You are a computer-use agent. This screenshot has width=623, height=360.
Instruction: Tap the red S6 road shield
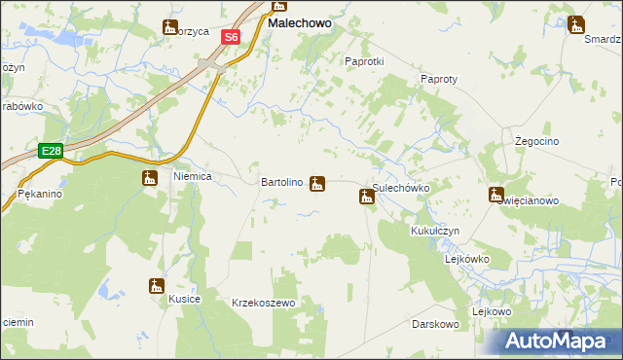click(230, 37)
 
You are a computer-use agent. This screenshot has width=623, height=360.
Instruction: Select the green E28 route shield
click(52, 150)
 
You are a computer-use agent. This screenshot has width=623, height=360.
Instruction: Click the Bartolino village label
click(283, 182)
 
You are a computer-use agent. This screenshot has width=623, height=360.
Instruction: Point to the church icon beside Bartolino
click(317, 183)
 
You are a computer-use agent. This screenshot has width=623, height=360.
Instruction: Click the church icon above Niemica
click(150, 177)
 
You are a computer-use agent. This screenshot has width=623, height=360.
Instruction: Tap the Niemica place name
click(193, 178)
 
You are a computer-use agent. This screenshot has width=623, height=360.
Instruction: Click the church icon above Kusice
click(157, 285)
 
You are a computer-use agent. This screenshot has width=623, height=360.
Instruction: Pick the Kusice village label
click(184, 299)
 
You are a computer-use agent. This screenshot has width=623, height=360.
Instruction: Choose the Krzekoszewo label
click(263, 304)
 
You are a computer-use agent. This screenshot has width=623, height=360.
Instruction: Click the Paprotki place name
click(365, 60)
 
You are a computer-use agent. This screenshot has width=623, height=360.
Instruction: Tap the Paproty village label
click(438, 79)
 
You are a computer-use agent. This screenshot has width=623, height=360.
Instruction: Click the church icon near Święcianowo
click(495, 195)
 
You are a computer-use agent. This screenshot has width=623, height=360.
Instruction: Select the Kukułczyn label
click(434, 231)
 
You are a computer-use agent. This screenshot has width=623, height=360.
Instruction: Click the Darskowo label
click(434, 323)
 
